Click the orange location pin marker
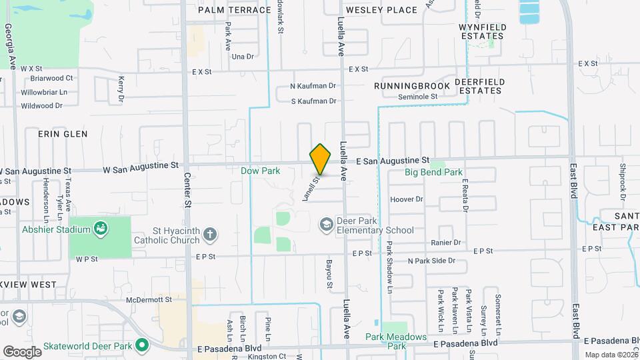tap(321, 159)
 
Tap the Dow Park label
tap(260, 171)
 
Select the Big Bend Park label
tap(433, 173)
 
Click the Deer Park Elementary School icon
tap(326, 223)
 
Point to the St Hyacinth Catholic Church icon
tap(209, 233)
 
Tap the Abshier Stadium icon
tap(101, 229)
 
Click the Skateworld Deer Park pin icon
tap(141, 345)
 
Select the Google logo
tap(22, 351)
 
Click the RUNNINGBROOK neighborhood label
tap(406, 86)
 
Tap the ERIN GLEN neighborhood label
tap(63, 134)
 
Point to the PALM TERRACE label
tap(225, 10)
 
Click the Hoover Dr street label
tap(407, 199)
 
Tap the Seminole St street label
tap(417, 97)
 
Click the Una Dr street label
tap(243, 57)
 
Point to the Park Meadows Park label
tap(396, 341)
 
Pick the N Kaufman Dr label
tap(313, 86)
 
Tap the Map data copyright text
tap(610, 355)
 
